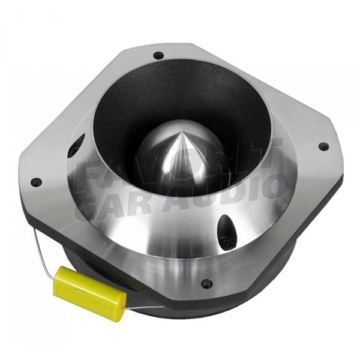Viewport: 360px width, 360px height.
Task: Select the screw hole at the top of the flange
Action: [x=158, y=55]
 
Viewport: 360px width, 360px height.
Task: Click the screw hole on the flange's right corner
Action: [x=323, y=145]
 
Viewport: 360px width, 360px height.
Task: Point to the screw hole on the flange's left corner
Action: [x=36, y=182]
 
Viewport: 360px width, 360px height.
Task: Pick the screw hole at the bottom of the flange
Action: [x=206, y=283]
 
